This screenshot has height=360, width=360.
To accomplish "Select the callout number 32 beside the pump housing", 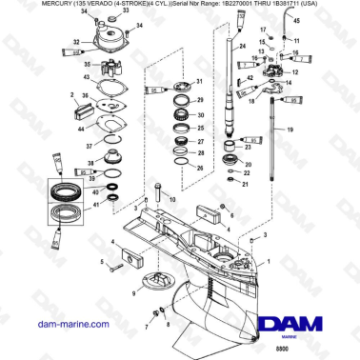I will click(x=75, y=42).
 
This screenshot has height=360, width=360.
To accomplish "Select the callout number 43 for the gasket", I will click(x=87, y=77).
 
